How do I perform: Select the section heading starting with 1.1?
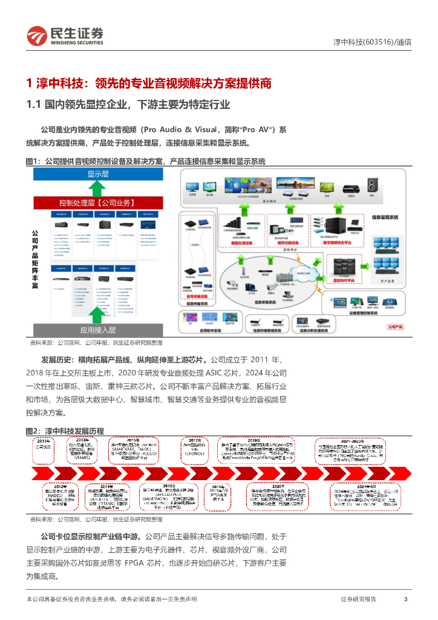point(128,104)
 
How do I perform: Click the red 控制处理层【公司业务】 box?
point(97,203)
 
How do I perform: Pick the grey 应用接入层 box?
point(97,330)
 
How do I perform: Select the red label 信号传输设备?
point(197,297)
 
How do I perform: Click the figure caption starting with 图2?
point(65,430)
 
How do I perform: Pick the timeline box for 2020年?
point(278,494)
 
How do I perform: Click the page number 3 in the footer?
point(405,599)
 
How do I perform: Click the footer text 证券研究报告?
point(358,599)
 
